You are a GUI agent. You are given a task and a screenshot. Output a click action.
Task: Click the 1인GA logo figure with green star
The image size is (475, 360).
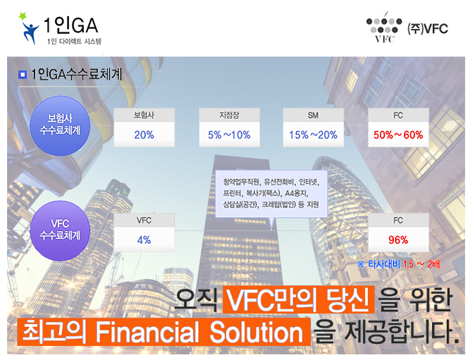[x=29, y=28]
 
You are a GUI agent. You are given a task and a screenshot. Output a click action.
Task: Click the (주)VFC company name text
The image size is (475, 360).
[x=428, y=29]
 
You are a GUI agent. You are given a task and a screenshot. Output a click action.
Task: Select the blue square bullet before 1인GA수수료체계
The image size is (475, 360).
[x=23, y=75]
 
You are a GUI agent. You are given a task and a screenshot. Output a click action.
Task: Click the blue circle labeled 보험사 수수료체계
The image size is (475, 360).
[x=60, y=125]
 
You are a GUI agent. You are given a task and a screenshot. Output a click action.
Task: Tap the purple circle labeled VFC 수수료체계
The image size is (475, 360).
[x=60, y=230]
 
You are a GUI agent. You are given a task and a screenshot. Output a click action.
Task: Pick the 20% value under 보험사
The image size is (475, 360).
[x=144, y=135]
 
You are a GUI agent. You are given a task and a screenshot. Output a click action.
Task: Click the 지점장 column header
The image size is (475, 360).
[x=229, y=115]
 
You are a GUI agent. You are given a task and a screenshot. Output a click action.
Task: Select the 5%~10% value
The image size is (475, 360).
[x=229, y=135]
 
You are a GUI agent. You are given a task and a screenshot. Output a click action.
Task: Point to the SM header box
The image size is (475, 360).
[x=313, y=115]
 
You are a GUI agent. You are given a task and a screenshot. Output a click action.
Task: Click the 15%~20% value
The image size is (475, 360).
[x=313, y=135]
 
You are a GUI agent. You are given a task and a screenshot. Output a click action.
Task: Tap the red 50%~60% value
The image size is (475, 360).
[x=398, y=135]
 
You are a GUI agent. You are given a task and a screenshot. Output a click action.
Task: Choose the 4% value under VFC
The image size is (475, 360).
[x=144, y=240]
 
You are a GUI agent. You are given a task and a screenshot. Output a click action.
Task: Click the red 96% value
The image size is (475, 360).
[x=398, y=240]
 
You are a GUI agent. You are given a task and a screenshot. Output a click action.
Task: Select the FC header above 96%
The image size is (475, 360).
[x=398, y=220]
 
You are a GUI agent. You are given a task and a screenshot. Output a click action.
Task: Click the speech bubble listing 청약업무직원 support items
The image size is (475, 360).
[x=271, y=194]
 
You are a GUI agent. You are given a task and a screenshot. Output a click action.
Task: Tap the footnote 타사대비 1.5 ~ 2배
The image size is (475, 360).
[x=398, y=264]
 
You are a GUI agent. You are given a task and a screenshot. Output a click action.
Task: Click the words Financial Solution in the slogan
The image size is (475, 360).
[x=199, y=332]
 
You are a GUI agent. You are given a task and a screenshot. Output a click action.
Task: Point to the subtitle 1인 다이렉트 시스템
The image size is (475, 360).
[x=74, y=41]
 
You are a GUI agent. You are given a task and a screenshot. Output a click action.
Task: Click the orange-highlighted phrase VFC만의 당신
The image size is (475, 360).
[x=299, y=299]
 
